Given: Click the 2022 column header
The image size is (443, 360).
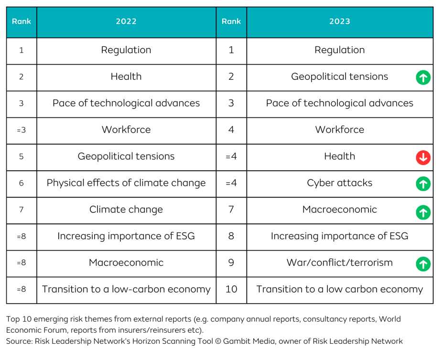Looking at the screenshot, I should click(x=126, y=22).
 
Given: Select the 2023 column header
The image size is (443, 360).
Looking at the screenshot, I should click(x=339, y=22).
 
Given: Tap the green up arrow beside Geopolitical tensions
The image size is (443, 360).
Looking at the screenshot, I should click(x=423, y=77).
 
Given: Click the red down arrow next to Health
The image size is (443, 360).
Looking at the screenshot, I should click(x=423, y=157).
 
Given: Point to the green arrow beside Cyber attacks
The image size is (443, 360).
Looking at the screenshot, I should click(x=423, y=184).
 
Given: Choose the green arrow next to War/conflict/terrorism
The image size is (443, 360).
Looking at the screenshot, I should click(x=423, y=263).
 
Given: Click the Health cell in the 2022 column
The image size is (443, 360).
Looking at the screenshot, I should click(x=126, y=76).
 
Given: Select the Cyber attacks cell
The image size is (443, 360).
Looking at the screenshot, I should click(x=339, y=183).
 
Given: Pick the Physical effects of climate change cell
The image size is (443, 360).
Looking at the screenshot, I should click(x=126, y=183).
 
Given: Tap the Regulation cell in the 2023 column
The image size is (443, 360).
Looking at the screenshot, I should click(x=339, y=50).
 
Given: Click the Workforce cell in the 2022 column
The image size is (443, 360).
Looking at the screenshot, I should click(x=126, y=130).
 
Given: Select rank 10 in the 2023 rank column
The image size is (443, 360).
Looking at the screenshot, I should click(x=231, y=289).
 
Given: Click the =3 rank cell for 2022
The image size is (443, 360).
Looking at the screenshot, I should click(x=22, y=130).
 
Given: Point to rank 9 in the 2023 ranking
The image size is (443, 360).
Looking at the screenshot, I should click(x=231, y=263).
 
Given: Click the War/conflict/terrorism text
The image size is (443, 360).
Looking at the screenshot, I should click(x=339, y=262).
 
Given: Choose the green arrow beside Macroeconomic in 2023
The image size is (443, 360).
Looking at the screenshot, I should click(x=423, y=211).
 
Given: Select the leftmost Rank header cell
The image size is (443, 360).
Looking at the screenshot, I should click(x=22, y=22).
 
